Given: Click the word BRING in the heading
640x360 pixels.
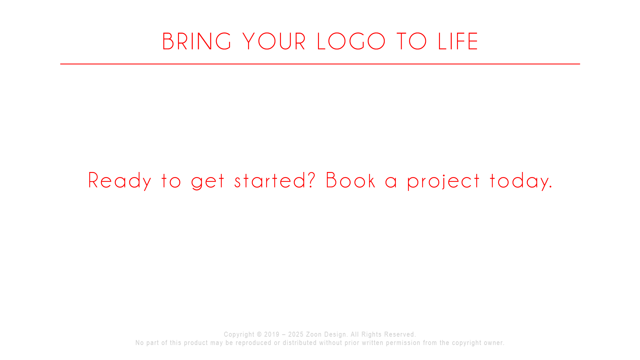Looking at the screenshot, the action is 197,42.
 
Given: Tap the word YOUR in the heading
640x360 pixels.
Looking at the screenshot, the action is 274,42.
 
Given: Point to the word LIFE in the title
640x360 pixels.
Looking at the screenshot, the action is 458,42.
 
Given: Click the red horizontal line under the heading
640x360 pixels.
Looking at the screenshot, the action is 320,64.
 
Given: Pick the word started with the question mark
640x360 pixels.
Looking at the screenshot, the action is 275,180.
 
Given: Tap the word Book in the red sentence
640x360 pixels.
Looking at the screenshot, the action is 351,180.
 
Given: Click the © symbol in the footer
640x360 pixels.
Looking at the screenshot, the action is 259,334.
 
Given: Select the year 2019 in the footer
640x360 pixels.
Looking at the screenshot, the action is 272,334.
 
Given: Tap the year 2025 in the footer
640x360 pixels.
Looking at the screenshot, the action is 296,334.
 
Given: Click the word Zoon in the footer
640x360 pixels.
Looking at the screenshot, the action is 314,334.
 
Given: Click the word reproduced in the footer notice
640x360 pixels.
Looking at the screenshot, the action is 253,343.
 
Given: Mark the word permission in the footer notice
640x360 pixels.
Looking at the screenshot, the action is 403,343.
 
